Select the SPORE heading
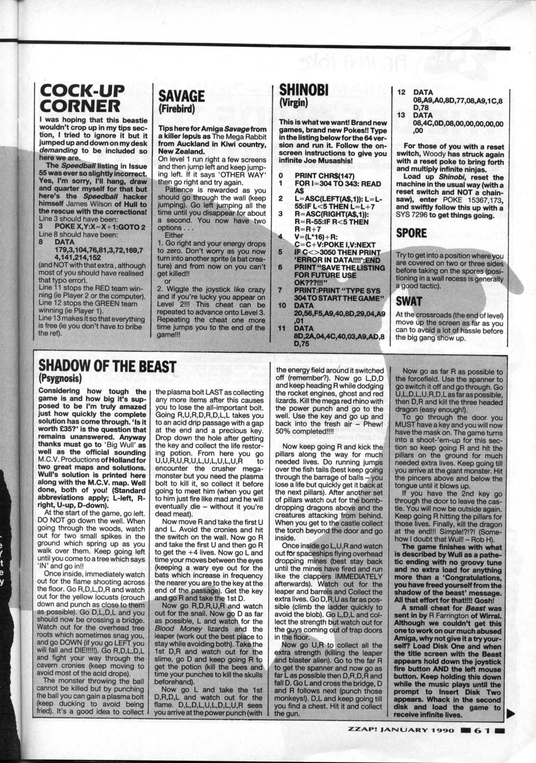[x=411, y=233]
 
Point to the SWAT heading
[x=409, y=302]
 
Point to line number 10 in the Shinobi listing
[x=283, y=307]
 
